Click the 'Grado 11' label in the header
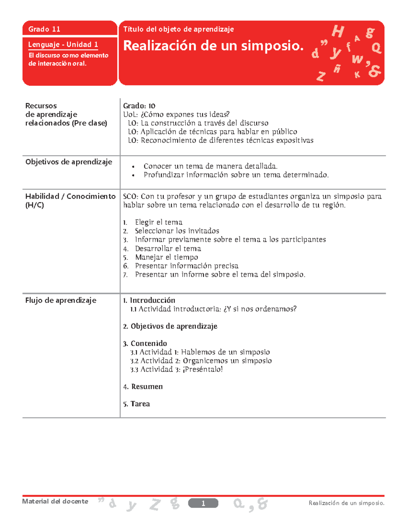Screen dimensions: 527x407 point(44,29)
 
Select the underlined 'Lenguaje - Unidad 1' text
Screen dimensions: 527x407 point(63,44)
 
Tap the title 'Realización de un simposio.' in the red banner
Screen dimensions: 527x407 point(213,45)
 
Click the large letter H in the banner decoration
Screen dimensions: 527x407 point(338,32)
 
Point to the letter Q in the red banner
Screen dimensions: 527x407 point(376,48)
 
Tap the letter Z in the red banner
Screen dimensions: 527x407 point(321,76)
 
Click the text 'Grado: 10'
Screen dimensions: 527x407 point(139,106)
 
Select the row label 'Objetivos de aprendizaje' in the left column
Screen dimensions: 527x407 point(69,162)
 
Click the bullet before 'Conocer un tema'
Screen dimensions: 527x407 point(134,167)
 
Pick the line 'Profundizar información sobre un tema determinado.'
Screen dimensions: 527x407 point(236,175)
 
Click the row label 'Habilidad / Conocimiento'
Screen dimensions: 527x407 point(70,196)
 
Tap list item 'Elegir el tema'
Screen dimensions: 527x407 point(158,222)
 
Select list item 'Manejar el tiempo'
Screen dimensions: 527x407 point(167,257)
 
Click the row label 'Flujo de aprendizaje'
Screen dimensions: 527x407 point(61,300)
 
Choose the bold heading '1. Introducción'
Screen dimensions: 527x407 point(149,300)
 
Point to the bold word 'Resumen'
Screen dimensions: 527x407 point(147,387)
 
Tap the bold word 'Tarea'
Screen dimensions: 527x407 point(140,404)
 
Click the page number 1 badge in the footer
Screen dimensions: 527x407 point(203,503)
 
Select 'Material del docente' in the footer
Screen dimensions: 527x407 point(55,502)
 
